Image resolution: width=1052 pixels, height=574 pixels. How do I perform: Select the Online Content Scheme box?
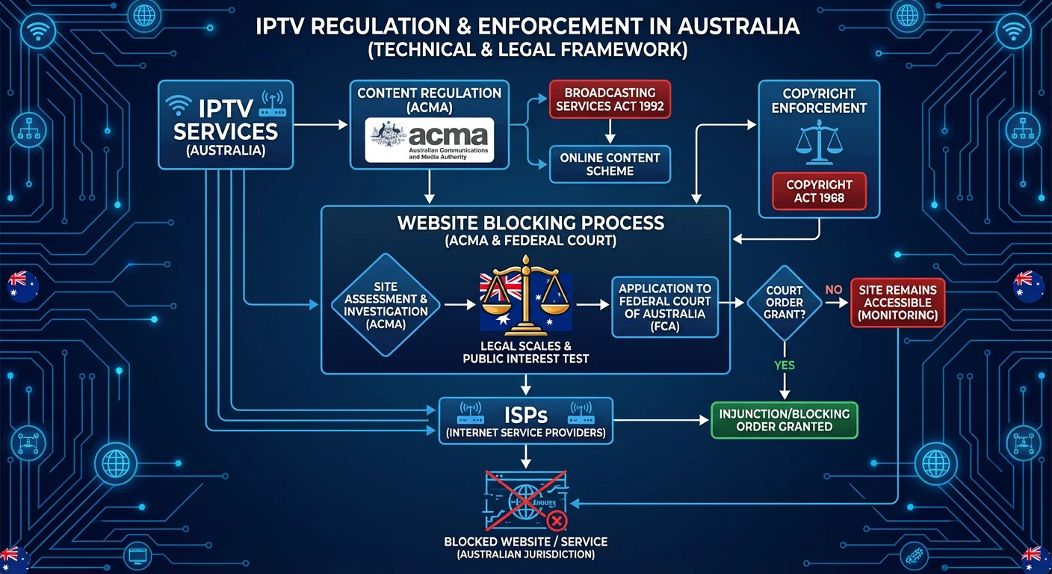(x=610, y=164)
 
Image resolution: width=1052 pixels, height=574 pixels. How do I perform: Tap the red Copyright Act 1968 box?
(x=819, y=191)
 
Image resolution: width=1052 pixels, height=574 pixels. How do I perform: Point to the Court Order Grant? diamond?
(x=785, y=303)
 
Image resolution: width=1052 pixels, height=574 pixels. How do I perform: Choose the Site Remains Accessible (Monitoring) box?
(x=897, y=303)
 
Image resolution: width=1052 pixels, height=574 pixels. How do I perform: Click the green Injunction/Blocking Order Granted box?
(x=784, y=420)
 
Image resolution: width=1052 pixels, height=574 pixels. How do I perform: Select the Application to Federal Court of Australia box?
(x=665, y=307)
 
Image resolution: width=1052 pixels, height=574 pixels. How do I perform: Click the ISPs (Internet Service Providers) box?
(x=525, y=421)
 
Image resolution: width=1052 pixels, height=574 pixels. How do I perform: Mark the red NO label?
(x=833, y=289)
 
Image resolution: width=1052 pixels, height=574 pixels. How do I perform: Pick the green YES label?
(x=785, y=365)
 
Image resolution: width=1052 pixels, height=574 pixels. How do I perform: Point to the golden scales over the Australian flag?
(x=526, y=299)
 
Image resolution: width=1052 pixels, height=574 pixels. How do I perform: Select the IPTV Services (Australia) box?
(x=226, y=124)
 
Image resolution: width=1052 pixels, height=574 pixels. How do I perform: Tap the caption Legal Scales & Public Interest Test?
(x=526, y=352)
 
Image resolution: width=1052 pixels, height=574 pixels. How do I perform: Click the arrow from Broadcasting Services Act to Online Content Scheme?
(x=610, y=132)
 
